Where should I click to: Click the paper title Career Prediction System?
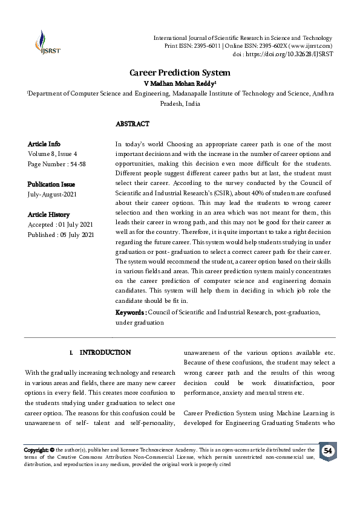pos(180,72)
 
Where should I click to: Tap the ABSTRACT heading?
pos(132,123)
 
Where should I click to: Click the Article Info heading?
pos(44,144)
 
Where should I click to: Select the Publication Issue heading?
pos(51,184)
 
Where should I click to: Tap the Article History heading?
pos(49,215)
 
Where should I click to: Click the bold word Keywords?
pos(129,312)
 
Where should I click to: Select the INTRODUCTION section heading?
pos(105,352)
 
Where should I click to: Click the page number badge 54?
pos(328,452)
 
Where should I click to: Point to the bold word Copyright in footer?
pos(36,450)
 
